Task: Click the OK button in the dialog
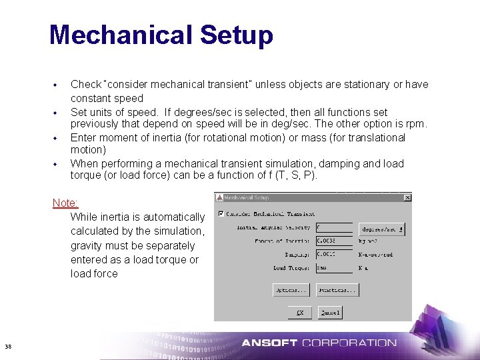click(x=300, y=312)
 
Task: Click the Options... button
click(x=291, y=290)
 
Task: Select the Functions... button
click(x=337, y=290)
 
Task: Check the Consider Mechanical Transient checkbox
click(x=221, y=214)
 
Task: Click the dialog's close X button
click(x=407, y=198)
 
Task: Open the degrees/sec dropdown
click(x=381, y=229)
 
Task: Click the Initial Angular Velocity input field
click(x=334, y=228)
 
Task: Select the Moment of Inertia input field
click(x=334, y=241)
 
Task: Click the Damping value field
click(x=334, y=255)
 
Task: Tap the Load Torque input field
click(x=334, y=268)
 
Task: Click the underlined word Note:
click(x=65, y=203)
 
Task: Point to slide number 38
click(x=8, y=346)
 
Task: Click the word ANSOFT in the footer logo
click(x=269, y=343)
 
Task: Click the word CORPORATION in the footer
click(x=349, y=343)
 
